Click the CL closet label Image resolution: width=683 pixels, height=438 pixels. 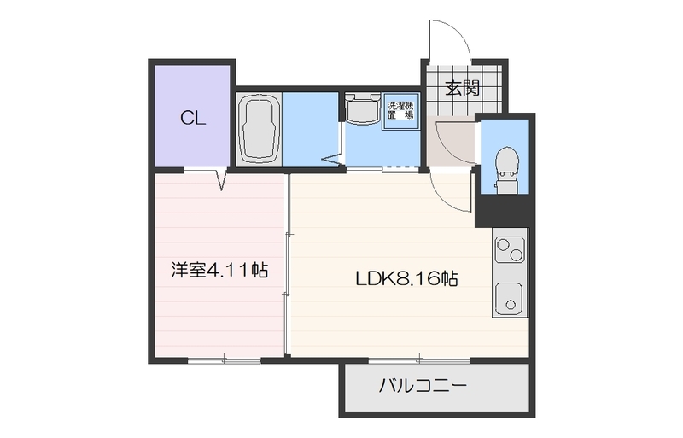[x=192, y=119]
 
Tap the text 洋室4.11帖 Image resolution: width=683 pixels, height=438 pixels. [x=219, y=272]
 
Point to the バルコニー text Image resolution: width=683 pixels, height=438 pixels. [x=423, y=387]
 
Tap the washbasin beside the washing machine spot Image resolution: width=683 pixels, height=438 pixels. [x=363, y=108]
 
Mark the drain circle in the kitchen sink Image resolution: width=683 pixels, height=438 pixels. [x=511, y=303]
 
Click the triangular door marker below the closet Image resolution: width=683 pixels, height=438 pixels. [x=221, y=181]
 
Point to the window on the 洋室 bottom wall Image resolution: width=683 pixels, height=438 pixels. [x=224, y=360]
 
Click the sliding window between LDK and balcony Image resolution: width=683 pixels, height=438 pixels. [x=418, y=359]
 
